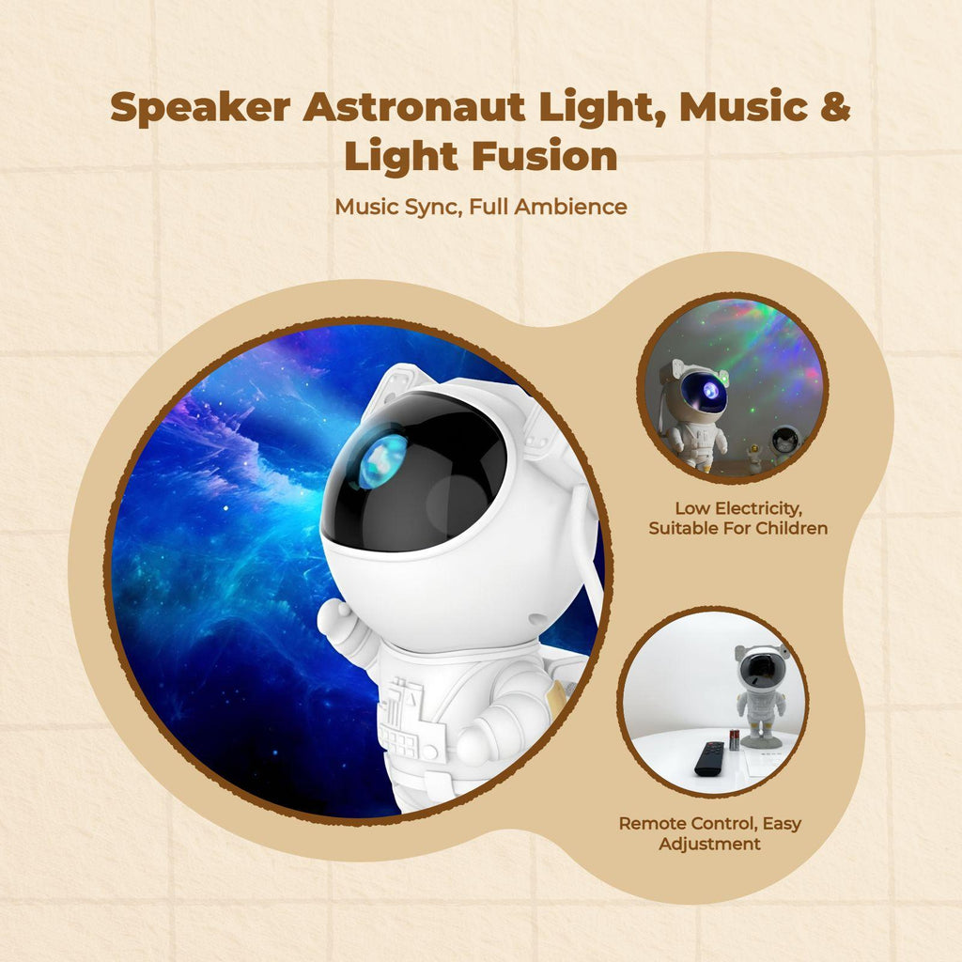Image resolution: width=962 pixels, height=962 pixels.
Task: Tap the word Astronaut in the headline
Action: click(414, 106)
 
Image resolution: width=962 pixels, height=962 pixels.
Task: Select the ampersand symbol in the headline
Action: click(835, 106)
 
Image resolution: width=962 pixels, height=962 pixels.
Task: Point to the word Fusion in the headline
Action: click(545, 156)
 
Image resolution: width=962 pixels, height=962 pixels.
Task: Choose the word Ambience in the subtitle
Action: click(570, 207)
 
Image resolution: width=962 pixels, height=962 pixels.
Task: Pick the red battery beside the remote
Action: click(735, 739)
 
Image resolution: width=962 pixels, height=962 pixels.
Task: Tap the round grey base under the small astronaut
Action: click(765, 743)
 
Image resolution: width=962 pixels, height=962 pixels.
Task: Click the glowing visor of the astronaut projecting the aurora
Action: click(706, 392)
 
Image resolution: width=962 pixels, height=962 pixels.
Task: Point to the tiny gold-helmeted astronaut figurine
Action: click(753, 458)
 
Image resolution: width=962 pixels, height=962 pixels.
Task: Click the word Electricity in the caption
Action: click(758, 508)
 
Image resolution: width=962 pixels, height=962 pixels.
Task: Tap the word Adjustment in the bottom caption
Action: click(710, 844)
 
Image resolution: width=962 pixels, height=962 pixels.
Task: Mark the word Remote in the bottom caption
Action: click(651, 823)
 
